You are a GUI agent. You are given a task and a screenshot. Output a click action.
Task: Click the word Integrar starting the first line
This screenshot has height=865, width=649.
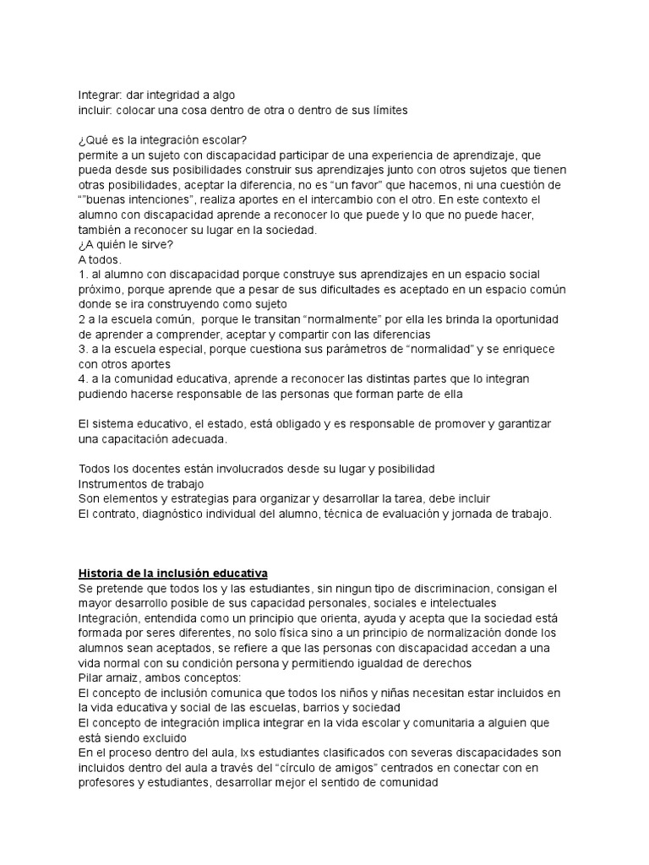coord(99,95)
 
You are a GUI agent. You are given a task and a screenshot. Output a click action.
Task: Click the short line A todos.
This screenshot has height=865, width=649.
coord(101,260)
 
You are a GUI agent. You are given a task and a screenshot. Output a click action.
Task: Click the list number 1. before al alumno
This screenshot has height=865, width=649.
coord(83,275)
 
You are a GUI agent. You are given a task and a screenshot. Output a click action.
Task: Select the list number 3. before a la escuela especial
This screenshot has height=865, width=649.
coord(83,348)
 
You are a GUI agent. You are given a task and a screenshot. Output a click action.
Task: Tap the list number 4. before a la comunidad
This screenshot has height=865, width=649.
coord(83,378)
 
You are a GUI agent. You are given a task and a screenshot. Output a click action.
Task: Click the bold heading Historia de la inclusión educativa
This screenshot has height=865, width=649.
coord(172,573)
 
